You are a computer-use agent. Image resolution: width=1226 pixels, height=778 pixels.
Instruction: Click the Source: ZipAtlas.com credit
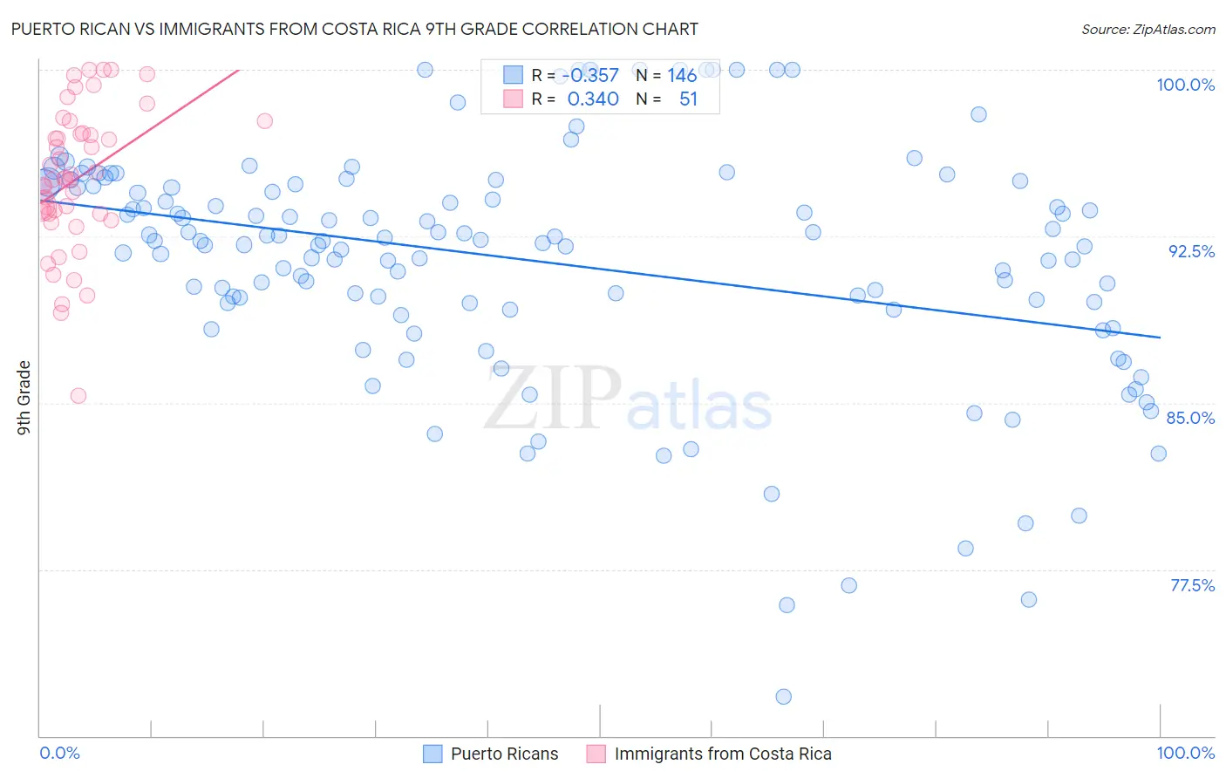tap(1148, 30)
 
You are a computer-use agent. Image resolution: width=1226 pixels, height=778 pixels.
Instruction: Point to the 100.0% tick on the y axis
tap(1185, 85)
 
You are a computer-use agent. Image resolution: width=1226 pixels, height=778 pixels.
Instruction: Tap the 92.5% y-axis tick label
tap(1191, 251)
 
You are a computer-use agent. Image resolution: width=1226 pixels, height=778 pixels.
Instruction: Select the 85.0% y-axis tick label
tap(1190, 418)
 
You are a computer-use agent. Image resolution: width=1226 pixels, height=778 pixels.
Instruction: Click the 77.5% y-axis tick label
tap(1192, 585)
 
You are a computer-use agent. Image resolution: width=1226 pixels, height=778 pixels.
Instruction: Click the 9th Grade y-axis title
tap(24, 398)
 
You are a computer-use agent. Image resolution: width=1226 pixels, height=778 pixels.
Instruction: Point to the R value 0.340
tap(593, 99)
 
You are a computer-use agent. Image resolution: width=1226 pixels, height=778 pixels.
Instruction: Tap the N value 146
tap(682, 76)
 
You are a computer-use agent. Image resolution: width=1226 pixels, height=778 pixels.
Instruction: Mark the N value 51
tap(688, 99)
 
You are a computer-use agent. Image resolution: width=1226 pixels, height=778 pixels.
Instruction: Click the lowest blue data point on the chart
tap(783, 696)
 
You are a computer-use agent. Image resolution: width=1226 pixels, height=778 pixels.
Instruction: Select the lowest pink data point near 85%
tap(78, 396)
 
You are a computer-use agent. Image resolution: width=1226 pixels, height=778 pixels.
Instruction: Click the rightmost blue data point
tap(1158, 454)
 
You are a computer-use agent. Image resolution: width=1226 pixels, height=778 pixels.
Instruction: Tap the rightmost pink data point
tap(264, 121)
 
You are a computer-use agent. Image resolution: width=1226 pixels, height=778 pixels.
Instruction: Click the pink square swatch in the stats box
tap(513, 99)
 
